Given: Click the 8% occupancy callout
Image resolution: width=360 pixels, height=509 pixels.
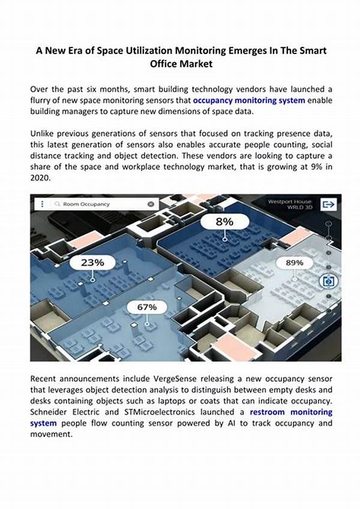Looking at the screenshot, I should coord(225,221).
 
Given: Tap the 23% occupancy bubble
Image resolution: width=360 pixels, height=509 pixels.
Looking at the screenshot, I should coord(92,262).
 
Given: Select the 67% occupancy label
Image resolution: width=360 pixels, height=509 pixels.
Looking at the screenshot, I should coord(147,307).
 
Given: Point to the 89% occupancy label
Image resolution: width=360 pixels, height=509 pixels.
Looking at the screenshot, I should coord(294,262).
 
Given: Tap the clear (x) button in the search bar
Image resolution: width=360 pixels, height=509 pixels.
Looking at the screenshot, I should coord(151,204).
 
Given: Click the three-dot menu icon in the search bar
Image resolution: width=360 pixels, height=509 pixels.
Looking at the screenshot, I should coord(42,204).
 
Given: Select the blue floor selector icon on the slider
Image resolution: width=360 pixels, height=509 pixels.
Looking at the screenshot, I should coord(328,280).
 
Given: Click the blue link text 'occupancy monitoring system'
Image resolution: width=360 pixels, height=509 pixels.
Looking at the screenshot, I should coord(249,100).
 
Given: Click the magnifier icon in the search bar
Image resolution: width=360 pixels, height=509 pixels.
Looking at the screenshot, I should coord(58,204).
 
